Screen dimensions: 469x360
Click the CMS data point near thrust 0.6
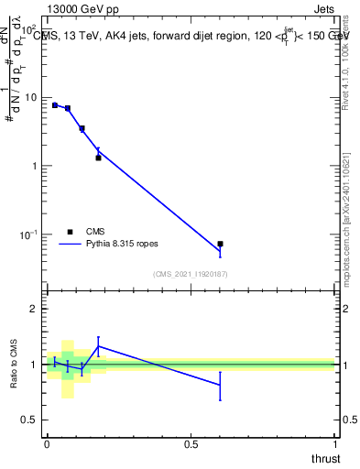(220, 245)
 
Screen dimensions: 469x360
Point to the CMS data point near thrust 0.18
(98, 158)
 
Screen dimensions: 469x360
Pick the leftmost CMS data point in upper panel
(55, 105)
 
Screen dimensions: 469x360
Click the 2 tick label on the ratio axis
(34, 309)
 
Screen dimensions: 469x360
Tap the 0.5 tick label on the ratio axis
(29, 420)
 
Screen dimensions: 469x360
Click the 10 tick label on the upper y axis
(28, 97)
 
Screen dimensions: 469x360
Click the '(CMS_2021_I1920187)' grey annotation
(191, 274)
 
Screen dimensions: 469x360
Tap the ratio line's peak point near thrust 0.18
(98, 346)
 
